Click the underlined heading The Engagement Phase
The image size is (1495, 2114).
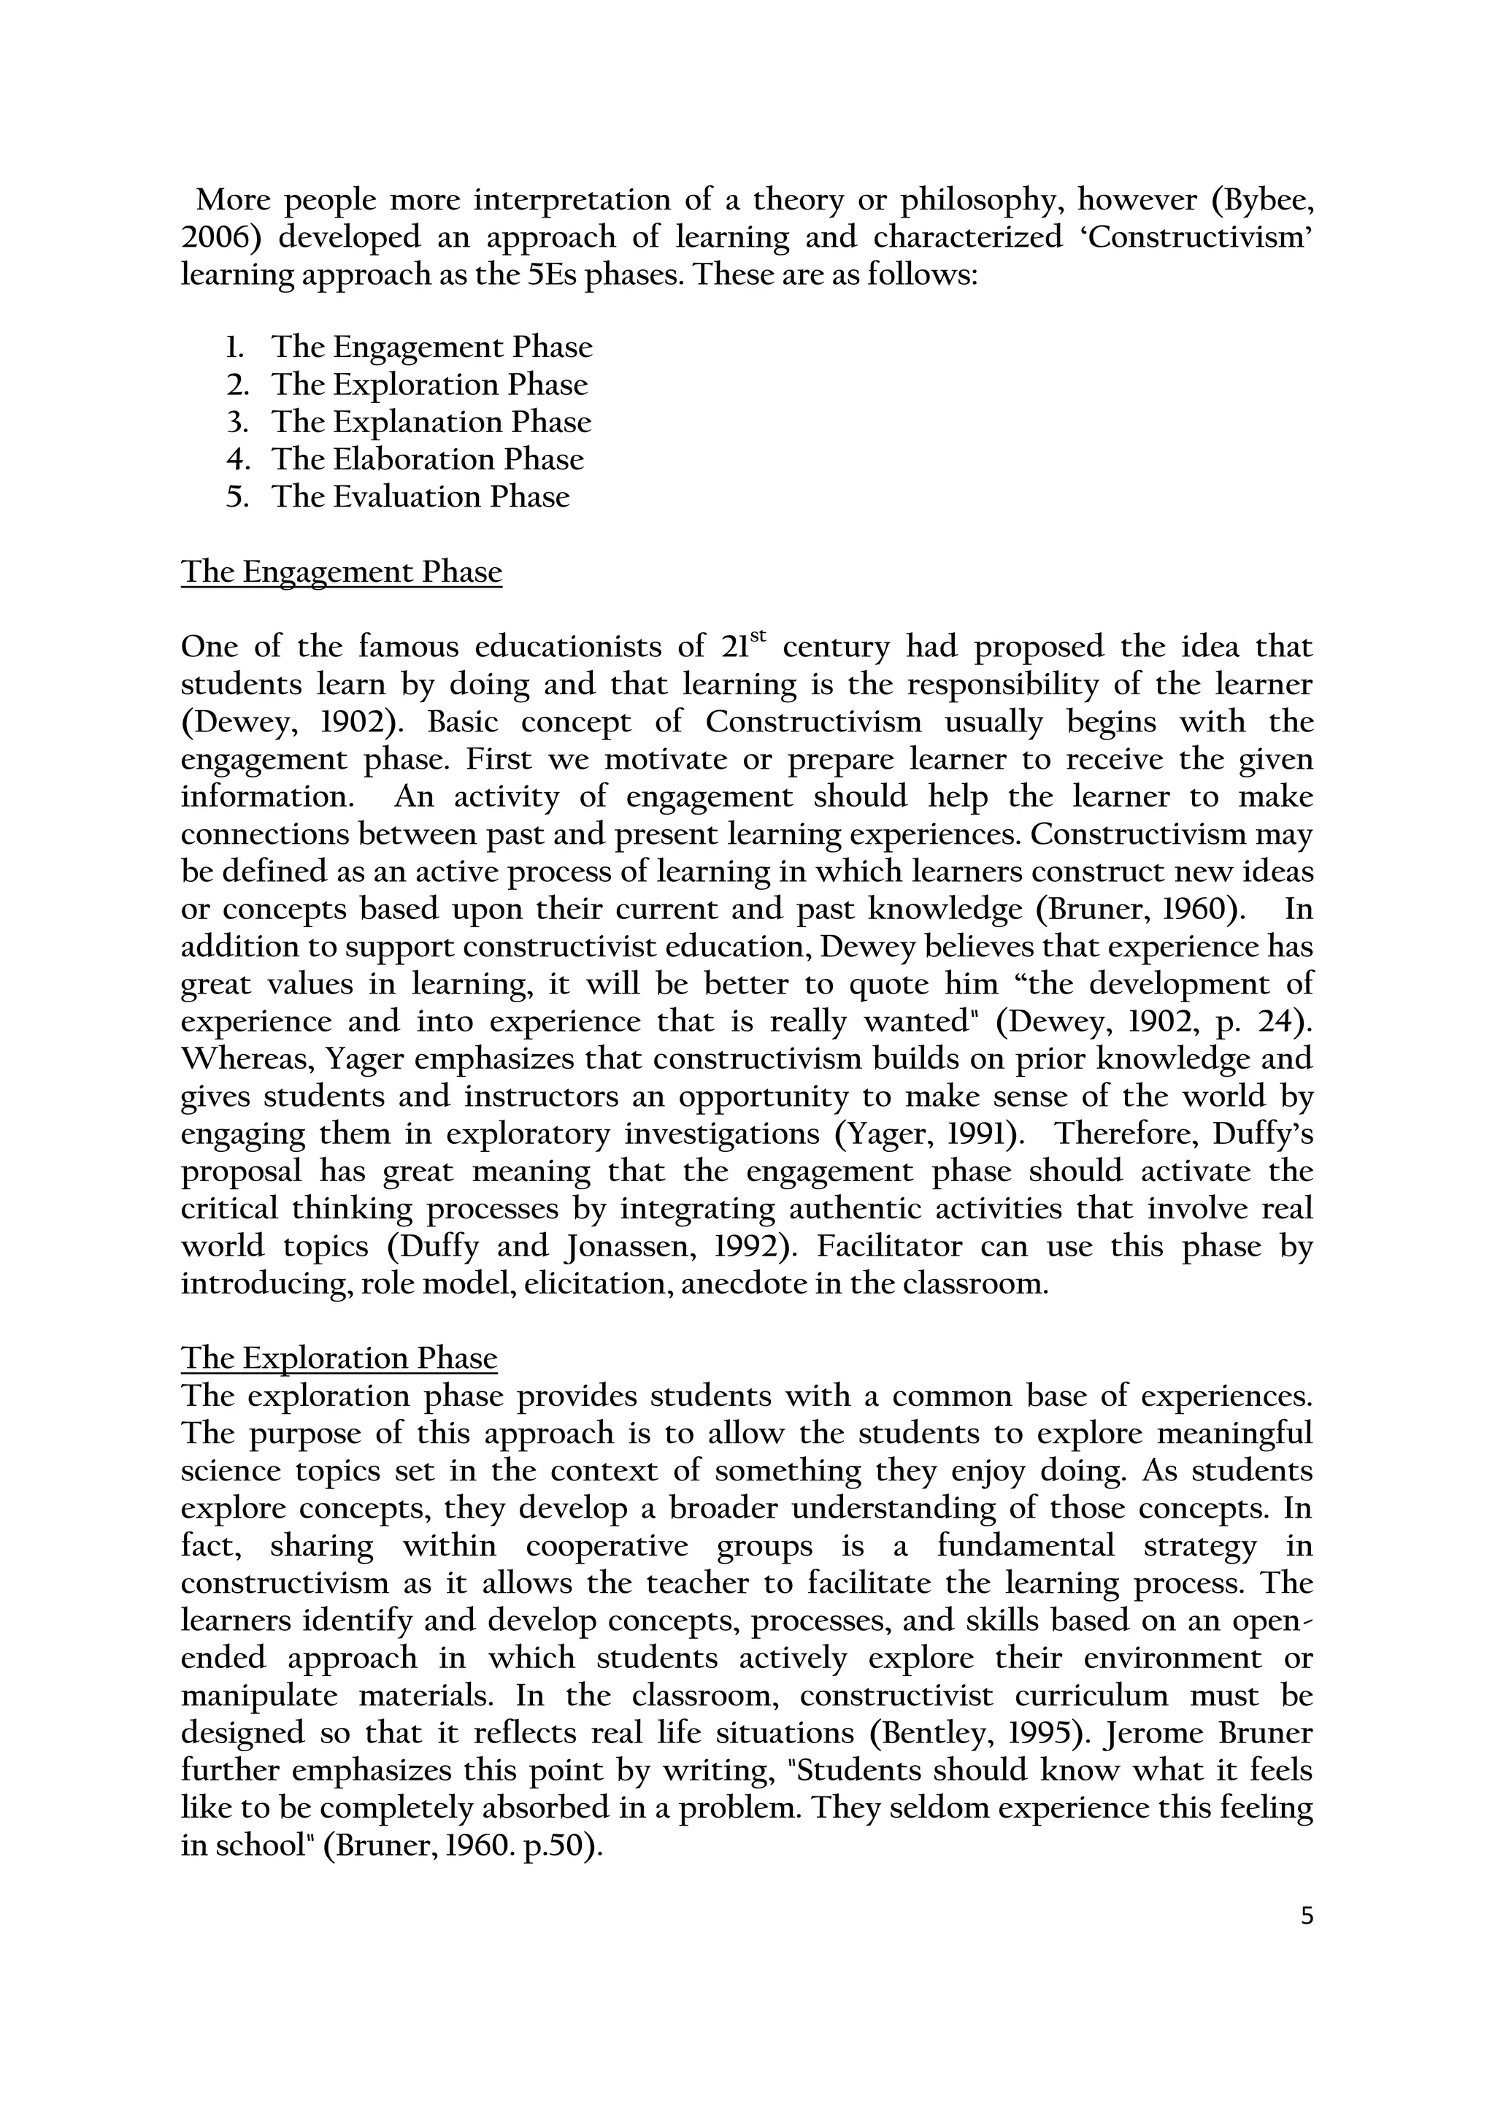click(342, 572)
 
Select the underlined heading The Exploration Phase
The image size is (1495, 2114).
click(339, 1358)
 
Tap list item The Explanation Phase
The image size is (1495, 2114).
click(431, 422)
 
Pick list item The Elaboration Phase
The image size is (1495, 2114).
click(427, 458)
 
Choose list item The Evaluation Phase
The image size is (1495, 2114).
click(420, 496)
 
